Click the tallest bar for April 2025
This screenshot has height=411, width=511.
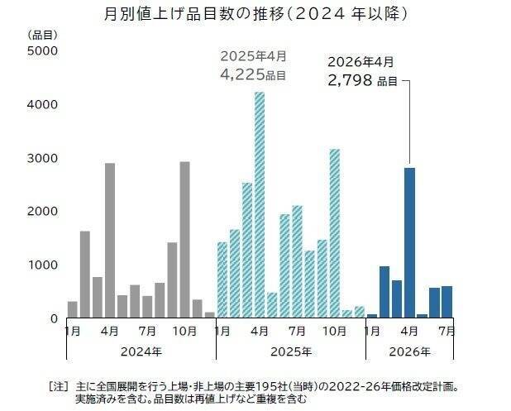[x=260, y=205]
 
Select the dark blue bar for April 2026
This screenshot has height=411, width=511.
[x=409, y=242]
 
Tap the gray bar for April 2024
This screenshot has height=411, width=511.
[x=110, y=240]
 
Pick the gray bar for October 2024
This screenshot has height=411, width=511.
[x=184, y=240]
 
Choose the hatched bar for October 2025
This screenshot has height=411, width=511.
[x=335, y=233]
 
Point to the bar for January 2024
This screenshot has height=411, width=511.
[x=72, y=309]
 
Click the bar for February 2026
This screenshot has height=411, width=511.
[x=384, y=292]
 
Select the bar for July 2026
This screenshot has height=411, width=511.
[x=447, y=302]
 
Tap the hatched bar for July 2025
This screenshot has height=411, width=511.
[x=297, y=261]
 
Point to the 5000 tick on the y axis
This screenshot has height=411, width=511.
[x=42, y=50]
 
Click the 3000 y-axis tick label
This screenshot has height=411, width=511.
[x=42, y=159]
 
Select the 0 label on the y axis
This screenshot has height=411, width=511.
[x=54, y=318]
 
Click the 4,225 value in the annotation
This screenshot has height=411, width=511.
[x=242, y=75]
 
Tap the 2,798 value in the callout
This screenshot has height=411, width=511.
[x=350, y=80]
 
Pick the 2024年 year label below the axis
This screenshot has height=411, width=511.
[x=141, y=351]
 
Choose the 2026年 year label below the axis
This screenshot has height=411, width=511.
[x=409, y=351]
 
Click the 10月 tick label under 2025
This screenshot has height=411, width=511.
[x=334, y=331]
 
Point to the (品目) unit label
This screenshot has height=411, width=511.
[x=42, y=35]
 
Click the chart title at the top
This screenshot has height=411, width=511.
[x=256, y=14]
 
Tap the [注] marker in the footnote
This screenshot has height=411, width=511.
[x=59, y=387]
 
